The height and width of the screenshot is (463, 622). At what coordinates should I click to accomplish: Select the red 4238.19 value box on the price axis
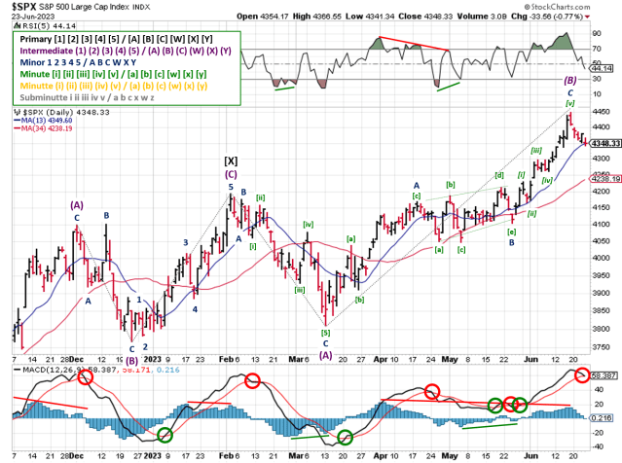point(603,179)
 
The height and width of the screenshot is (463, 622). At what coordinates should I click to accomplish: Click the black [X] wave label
point(231,160)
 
